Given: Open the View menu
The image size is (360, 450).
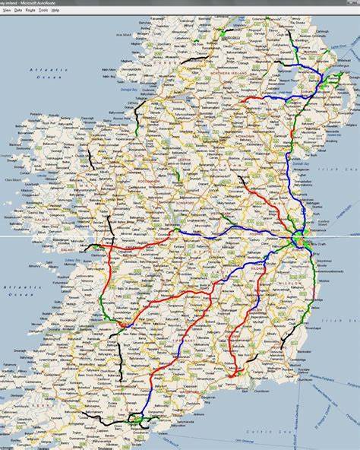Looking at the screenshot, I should pos(7,11).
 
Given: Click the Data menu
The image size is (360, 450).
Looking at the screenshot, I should pos(17,11).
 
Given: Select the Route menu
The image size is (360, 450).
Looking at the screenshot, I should pos(30,11).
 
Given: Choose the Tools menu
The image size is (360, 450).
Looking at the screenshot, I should pos(43,11).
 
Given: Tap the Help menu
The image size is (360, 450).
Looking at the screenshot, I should pos(55,11).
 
